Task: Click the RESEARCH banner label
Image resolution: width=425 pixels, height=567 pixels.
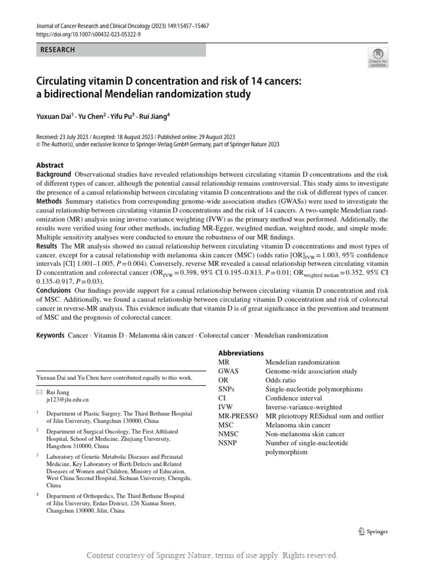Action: point(58,50)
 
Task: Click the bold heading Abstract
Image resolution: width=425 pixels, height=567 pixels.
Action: point(50,165)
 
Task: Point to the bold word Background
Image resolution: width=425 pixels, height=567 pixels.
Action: point(54,174)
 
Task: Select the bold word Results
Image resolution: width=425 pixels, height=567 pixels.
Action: point(47,245)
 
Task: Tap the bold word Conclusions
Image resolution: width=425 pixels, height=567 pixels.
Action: point(54,290)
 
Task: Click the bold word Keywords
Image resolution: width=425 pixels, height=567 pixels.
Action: point(50,336)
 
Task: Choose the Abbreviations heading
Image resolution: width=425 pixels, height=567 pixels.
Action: point(241,353)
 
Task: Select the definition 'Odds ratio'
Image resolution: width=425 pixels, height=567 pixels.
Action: point(281,381)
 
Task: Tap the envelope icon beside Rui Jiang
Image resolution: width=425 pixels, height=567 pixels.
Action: point(39,391)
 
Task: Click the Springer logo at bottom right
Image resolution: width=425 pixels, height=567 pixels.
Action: point(373,532)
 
